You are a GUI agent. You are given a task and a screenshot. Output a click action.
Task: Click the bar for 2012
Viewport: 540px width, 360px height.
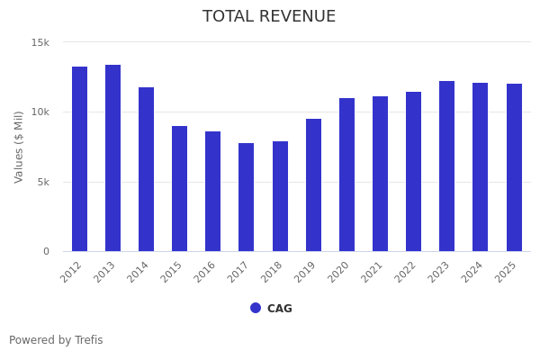(79, 159)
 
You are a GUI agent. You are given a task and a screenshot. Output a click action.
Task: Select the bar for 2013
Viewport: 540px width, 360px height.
(112, 158)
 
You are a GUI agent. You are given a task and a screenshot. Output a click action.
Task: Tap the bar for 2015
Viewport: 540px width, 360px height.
(180, 189)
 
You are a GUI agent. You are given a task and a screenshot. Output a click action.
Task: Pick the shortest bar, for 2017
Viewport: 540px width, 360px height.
(247, 197)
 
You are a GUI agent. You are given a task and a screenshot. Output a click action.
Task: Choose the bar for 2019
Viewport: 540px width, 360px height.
(313, 185)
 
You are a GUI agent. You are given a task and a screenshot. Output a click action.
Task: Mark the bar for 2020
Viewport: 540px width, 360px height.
(346, 175)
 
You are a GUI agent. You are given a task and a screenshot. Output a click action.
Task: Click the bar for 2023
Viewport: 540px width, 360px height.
(446, 166)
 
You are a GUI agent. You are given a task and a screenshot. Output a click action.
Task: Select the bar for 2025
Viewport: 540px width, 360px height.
(514, 167)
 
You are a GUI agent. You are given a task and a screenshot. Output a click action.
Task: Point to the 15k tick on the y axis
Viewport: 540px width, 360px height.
(40, 42)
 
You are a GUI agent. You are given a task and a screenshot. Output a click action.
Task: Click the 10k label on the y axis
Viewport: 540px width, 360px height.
(40, 112)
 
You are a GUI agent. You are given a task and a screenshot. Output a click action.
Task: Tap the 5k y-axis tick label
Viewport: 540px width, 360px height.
(43, 182)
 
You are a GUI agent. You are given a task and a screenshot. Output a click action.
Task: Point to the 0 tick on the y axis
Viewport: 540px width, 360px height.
(46, 252)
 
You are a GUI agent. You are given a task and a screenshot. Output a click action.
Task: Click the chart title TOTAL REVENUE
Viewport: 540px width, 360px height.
(269, 17)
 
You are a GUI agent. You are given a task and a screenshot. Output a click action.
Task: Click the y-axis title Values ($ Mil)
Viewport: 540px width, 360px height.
(19, 147)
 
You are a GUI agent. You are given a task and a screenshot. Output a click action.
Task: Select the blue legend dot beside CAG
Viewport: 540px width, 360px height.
(256, 308)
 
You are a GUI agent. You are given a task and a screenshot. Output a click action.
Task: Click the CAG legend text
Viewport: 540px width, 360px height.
(280, 309)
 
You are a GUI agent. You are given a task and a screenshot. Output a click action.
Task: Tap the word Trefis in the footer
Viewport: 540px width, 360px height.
(88, 340)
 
